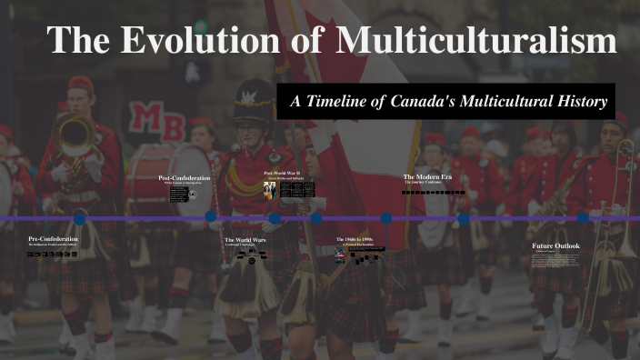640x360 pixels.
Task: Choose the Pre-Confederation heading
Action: click(x=54, y=239)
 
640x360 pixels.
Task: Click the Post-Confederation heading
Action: click(x=184, y=178)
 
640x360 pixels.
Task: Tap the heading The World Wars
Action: click(x=245, y=239)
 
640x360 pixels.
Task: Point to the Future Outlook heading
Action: click(x=555, y=245)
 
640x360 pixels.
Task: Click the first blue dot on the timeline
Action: click(x=79, y=218)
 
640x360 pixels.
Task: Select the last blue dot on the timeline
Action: click(x=583, y=218)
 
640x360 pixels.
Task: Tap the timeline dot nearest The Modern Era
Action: click(x=464, y=218)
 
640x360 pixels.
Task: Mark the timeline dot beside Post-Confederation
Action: click(x=211, y=216)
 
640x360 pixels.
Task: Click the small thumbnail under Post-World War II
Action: click(x=269, y=189)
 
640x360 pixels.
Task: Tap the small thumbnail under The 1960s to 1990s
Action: click(x=340, y=255)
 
